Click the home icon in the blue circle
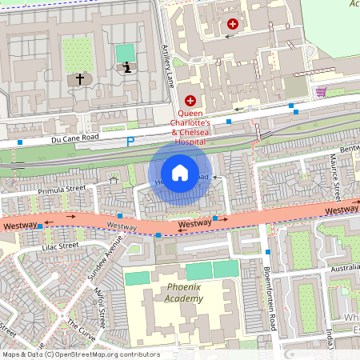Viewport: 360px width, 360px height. click(180, 172)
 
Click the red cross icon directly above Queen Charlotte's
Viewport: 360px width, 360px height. click(190, 101)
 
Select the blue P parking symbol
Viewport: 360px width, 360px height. click(130, 142)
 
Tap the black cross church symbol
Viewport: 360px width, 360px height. click(79, 79)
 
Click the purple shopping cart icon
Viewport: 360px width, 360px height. click(321, 92)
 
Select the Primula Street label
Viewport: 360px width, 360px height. click(64, 190)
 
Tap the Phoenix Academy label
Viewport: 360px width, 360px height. click(181, 293)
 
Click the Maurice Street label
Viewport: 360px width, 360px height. click(335, 179)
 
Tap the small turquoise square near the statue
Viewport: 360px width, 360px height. click(125, 53)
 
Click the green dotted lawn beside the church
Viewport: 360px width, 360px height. click(78, 54)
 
